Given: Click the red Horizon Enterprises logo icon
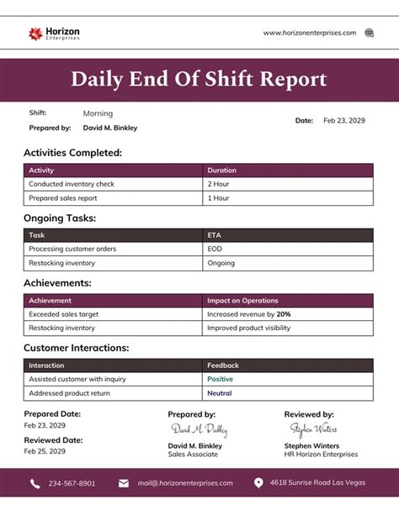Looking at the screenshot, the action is (x=35, y=34).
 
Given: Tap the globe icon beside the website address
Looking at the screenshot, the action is (x=369, y=33).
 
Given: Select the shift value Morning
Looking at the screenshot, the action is (x=98, y=113).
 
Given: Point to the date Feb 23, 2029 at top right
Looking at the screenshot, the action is (x=344, y=121).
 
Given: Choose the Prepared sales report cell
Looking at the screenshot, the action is (x=63, y=198).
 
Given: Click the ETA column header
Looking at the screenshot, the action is (x=215, y=235).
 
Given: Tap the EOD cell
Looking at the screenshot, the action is (x=215, y=250).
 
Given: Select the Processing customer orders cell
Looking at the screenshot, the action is (x=72, y=250).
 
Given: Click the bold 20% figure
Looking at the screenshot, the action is (x=284, y=314).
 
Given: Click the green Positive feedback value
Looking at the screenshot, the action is (x=220, y=379).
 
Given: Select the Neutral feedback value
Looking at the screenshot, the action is (x=219, y=393).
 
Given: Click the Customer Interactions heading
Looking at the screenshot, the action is (x=76, y=347).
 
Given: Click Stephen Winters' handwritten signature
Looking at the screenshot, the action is (x=312, y=429).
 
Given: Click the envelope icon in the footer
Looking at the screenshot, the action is (x=124, y=484).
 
